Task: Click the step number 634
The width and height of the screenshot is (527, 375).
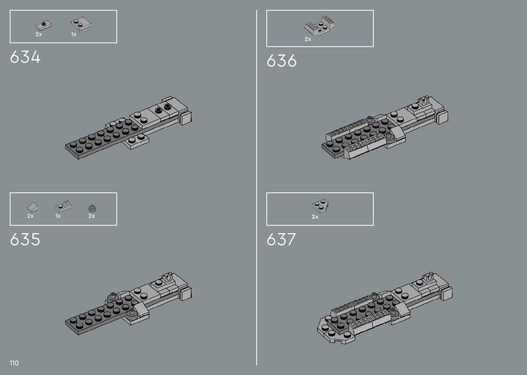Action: click(x=25, y=57)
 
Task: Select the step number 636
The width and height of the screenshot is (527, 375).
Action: click(x=281, y=61)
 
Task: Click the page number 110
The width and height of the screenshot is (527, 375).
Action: click(x=14, y=363)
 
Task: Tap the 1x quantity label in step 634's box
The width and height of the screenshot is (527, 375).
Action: click(x=74, y=34)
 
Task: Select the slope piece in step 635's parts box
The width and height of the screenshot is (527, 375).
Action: click(x=33, y=207)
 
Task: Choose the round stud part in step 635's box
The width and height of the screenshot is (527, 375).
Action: click(x=92, y=208)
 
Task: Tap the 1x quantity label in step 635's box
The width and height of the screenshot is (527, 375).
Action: click(x=58, y=216)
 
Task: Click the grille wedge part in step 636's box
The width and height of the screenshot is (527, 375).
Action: click(x=320, y=25)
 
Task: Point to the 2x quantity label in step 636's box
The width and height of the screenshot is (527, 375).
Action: click(x=308, y=39)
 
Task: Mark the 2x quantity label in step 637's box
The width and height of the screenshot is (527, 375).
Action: click(x=315, y=217)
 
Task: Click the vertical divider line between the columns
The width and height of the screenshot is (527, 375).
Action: click(x=256, y=187)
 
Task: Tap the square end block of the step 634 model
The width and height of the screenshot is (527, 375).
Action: click(x=186, y=118)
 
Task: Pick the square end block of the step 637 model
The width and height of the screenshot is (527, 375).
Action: click(x=446, y=294)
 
